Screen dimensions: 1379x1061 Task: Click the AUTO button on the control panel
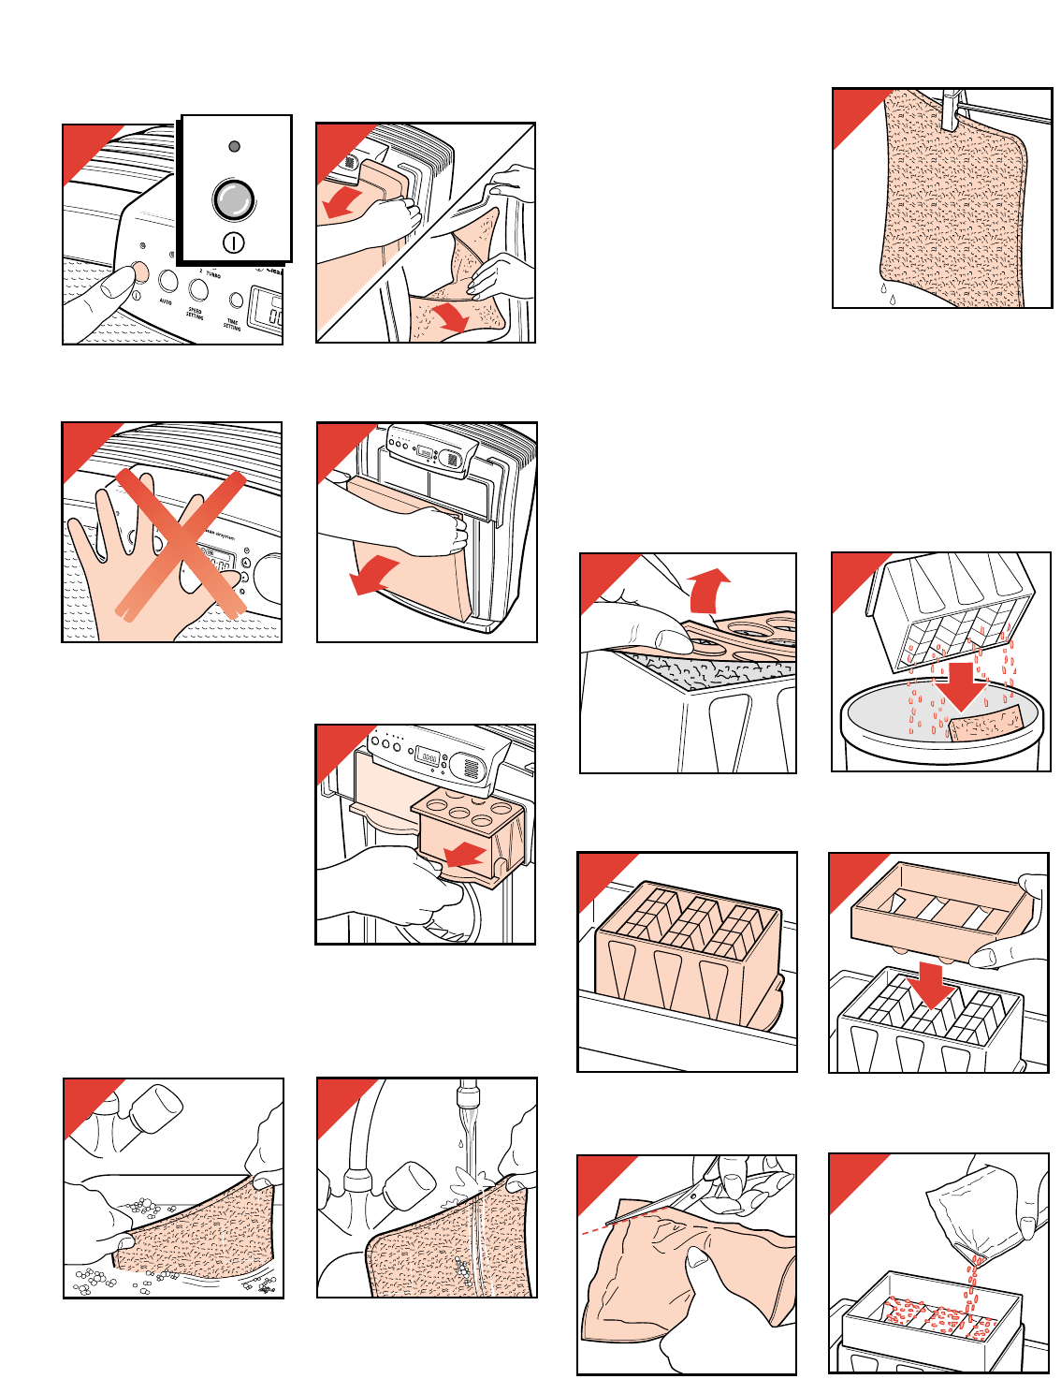[168, 281]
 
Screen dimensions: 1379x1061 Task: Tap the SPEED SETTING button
[197, 289]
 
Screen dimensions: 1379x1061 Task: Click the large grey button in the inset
[233, 200]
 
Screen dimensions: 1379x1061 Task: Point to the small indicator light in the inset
[234, 147]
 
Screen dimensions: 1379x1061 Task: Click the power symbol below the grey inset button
[234, 243]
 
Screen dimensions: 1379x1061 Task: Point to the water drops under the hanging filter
[887, 294]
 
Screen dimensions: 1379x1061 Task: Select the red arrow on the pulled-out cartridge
[465, 854]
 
